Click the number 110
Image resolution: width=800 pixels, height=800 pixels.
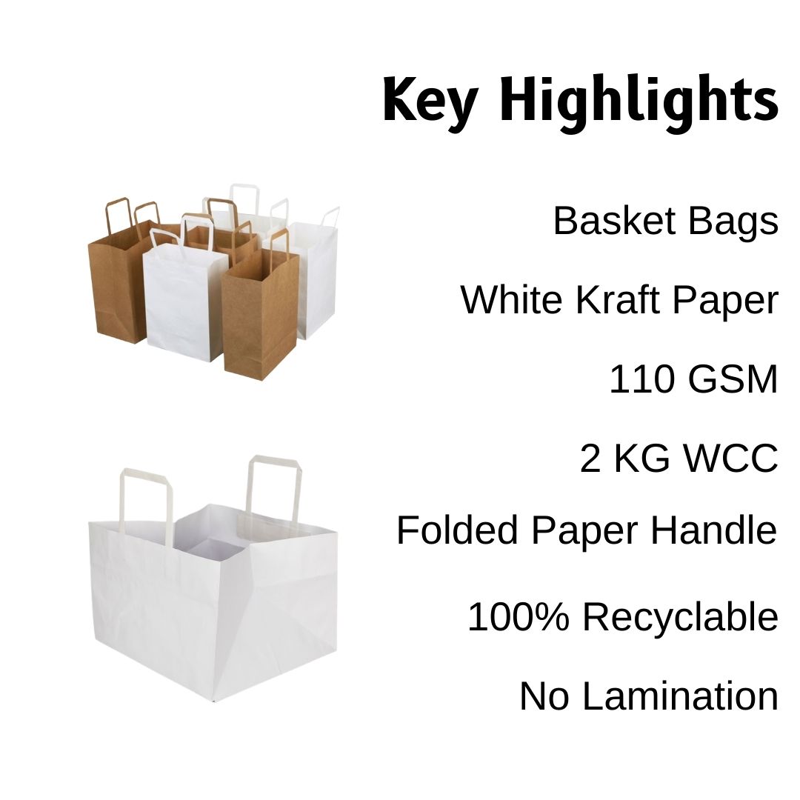641,379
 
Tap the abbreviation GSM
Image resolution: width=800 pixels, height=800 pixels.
733,379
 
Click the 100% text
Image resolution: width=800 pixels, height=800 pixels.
520,617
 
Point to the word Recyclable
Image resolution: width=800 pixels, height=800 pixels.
680,617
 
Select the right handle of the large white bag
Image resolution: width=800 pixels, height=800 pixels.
274,481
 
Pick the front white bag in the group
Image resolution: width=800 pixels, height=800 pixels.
182,304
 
